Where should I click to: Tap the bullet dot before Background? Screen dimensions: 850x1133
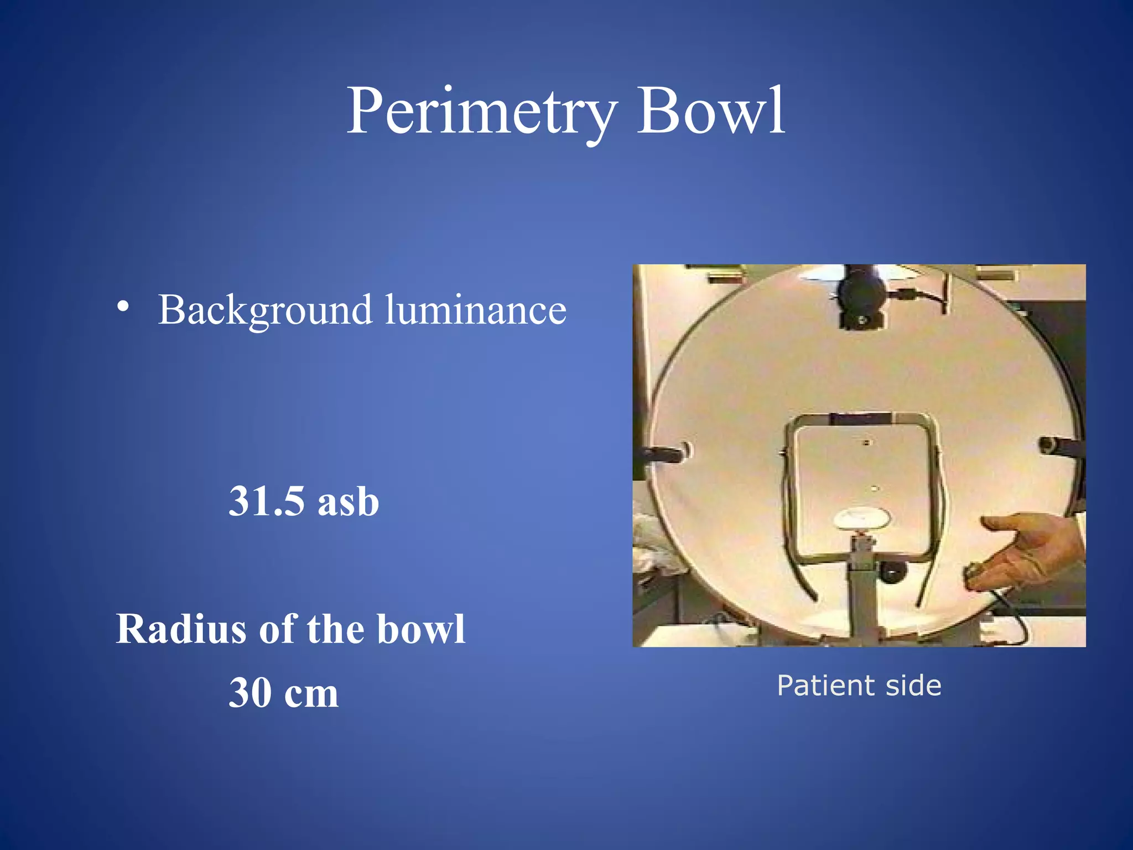coord(123,307)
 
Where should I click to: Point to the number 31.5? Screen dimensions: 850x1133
coord(267,501)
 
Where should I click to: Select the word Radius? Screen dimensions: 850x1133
coord(180,630)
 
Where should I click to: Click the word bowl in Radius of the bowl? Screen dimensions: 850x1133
coord(420,630)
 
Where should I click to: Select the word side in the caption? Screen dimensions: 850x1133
coord(913,686)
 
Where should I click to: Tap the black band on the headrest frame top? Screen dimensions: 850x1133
coord(861,419)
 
